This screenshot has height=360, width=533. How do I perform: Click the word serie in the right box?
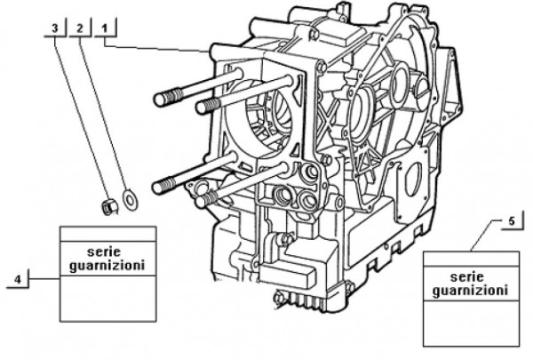tap(470, 276)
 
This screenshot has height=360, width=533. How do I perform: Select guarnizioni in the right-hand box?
tap(470, 290)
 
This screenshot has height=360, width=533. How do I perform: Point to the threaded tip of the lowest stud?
tap(201, 201)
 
